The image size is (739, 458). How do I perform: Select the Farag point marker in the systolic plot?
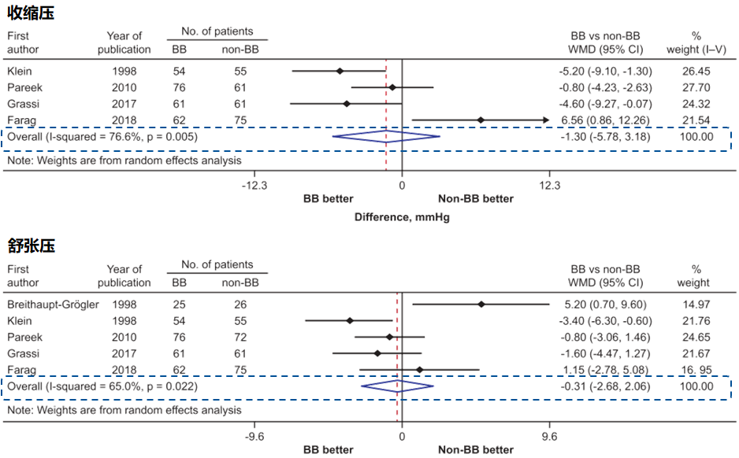coord(481,120)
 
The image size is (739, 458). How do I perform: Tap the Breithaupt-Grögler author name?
coord(54,304)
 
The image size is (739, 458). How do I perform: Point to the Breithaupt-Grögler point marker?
coord(481,304)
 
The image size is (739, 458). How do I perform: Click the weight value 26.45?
coord(696,71)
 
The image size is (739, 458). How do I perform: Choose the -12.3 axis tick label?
coord(254,186)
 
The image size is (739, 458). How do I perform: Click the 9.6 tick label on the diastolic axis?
coord(549,436)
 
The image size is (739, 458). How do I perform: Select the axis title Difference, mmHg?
coord(402,217)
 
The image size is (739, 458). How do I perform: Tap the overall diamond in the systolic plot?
coord(386,136)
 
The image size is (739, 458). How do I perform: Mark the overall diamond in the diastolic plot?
coord(397,386)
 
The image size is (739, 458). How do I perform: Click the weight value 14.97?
coord(696,304)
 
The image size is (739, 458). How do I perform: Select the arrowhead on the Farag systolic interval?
coord(545,120)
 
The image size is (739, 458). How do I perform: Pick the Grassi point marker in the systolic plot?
coord(347,104)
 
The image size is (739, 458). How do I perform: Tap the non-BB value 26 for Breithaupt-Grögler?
coord(240,304)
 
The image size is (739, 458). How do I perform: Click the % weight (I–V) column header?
coord(696,42)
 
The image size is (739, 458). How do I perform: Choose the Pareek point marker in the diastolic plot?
coord(389,337)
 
